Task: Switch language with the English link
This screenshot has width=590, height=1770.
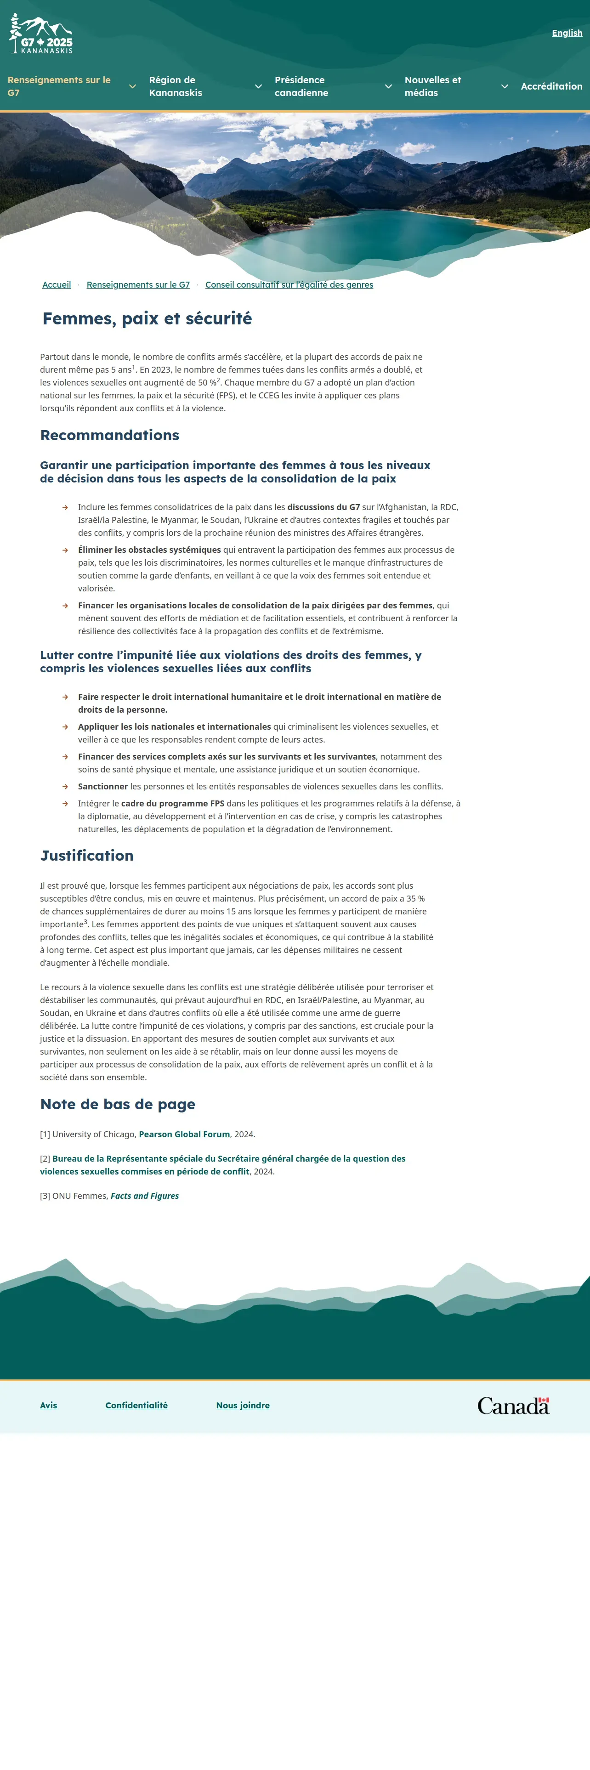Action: (x=567, y=33)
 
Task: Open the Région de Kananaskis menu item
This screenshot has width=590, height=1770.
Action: (x=176, y=86)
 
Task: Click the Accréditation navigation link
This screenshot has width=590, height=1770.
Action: (x=551, y=86)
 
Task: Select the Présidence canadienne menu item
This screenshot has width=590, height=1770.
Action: (x=301, y=86)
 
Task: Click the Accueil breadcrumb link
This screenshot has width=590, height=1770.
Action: (x=57, y=284)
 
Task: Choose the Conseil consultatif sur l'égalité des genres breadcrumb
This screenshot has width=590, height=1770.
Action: (x=289, y=284)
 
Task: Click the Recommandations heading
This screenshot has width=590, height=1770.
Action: (x=110, y=435)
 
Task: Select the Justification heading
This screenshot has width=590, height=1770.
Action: (x=86, y=856)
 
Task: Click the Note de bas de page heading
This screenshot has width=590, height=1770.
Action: (x=118, y=1104)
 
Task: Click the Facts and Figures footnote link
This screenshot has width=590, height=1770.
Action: (x=145, y=1196)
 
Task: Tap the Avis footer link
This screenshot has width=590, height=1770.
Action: (x=48, y=1405)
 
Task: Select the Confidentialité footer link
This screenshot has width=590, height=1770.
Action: (x=136, y=1405)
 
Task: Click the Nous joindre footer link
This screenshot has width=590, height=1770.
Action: (x=243, y=1405)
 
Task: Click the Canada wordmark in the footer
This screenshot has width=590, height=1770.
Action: (x=513, y=1406)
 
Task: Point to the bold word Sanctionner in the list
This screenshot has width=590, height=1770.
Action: (x=103, y=787)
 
